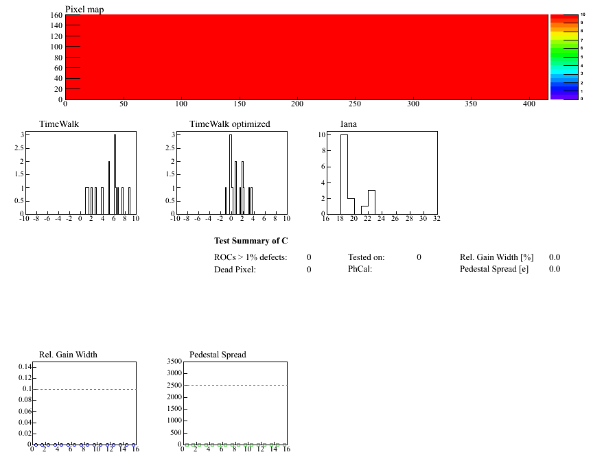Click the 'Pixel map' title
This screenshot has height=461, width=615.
coord(84,9)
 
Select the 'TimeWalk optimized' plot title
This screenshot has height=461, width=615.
coord(229,124)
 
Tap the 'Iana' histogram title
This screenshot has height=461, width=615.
coord(349,124)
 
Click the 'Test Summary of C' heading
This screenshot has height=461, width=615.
coord(251,241)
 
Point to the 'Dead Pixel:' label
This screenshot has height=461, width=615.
coord(235,270)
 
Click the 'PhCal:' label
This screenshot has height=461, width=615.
coord(360,270)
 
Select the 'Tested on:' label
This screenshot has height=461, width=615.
coord(366,257)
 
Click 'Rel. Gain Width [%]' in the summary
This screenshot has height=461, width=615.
coord(496,257)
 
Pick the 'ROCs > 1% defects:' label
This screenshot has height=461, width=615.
coord(251,257)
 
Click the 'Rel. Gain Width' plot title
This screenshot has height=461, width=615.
coord(68,355)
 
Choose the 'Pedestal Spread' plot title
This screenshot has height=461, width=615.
coord(218,355)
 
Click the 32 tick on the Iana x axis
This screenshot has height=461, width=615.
coord(437,219)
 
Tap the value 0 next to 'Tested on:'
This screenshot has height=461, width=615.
coord(419,257)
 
